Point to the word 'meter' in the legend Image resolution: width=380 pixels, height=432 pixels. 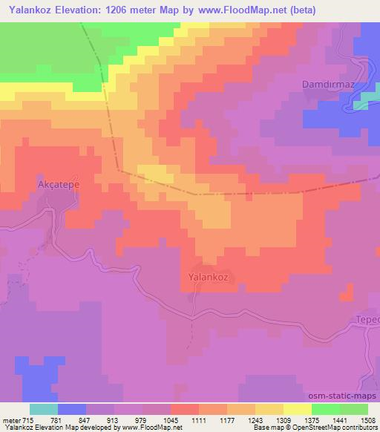coord(12,420)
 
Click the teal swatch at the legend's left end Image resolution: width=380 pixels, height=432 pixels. coord(44,409)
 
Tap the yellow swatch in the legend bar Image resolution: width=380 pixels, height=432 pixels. coord(297,409)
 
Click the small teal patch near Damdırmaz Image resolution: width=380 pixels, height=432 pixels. coord(360,105)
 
